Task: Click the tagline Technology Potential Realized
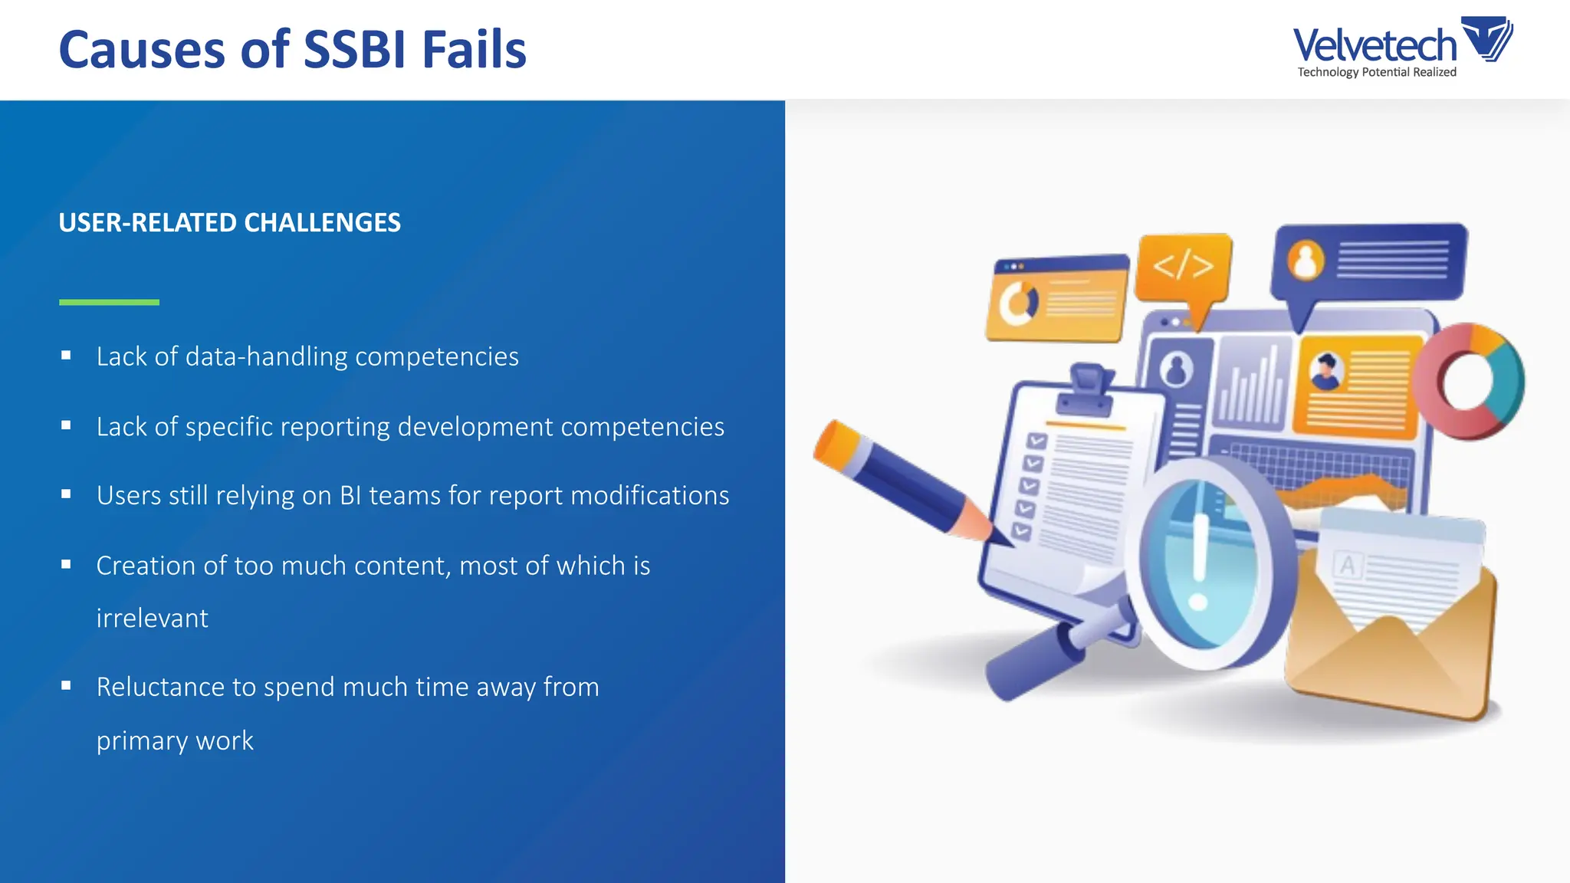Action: (1376, 72)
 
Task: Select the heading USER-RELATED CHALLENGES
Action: (229, 223)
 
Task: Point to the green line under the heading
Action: (109, 302)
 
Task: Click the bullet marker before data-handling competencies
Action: (66, 356)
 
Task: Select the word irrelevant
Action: (152, 619)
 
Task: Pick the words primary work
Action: (175, 741)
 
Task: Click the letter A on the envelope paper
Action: (1348, 566)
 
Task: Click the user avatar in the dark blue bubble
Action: (1306, 261)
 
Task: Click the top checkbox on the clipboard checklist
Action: (1036, 441)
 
